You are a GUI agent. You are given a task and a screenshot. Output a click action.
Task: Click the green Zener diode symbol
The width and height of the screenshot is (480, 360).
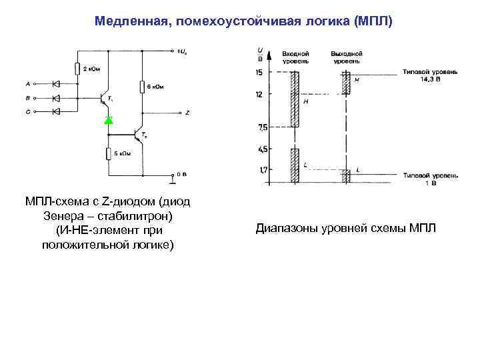click(109, 121)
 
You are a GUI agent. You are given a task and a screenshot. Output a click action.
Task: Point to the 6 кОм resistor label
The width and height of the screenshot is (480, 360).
click(155, 85)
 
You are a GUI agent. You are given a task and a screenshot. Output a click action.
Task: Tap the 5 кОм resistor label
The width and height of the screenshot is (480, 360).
click(122, 155)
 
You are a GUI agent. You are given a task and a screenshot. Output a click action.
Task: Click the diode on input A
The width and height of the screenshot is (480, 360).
click(55, 84)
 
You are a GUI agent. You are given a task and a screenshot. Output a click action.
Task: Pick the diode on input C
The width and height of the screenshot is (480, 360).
click(55, 112)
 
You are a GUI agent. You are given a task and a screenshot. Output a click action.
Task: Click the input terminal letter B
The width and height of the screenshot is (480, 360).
click(28, 98)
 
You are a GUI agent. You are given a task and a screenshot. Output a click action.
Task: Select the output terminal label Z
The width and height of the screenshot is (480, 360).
click(187, 113)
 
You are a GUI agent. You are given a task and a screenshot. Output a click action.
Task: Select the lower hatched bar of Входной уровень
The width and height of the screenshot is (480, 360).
click(293, 165)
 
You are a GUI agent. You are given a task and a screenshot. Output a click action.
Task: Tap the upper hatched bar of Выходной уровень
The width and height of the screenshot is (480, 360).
click(346, 83)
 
